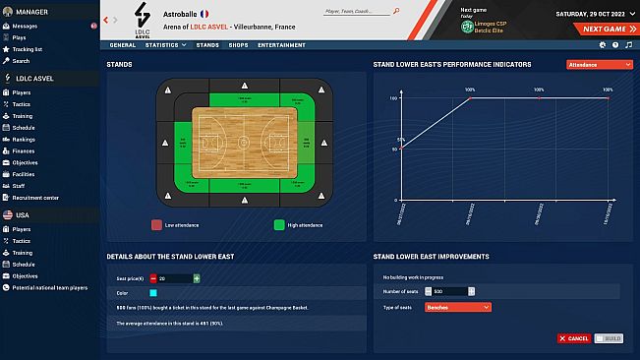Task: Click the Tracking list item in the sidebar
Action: point(27,48)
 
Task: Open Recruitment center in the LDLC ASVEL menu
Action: point(35,197)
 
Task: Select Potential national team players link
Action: point(49,287)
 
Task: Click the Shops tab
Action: point(238,44)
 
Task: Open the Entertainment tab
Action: point(281,44)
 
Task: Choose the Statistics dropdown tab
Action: point(165,44)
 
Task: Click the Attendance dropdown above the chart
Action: point(598,64)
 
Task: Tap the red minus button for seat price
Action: point(153,278)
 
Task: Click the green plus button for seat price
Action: point(197,278)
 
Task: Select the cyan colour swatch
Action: point(153,292)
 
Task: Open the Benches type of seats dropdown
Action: point(457,307)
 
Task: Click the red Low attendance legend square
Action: point(156,224)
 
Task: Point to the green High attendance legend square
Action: point(279,224)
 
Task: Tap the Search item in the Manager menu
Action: point(22,59)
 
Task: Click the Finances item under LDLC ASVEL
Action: point(23,150)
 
